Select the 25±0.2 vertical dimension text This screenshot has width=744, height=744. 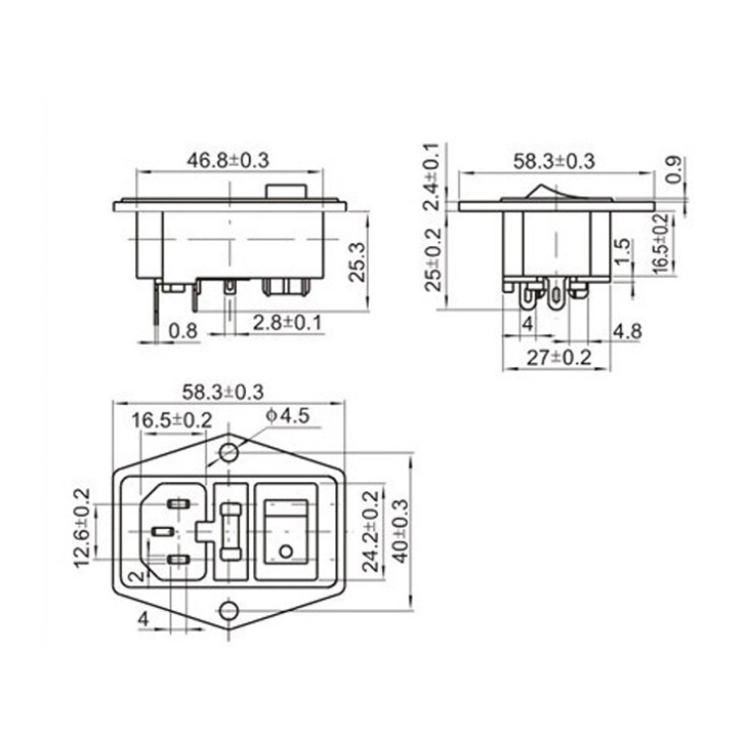point(432,260)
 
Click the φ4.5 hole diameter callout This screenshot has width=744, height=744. point(288,417)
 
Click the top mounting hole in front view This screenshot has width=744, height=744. point(230,453)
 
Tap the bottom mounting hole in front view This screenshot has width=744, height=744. point(230,612)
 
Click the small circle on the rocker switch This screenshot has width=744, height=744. point(287,552)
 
